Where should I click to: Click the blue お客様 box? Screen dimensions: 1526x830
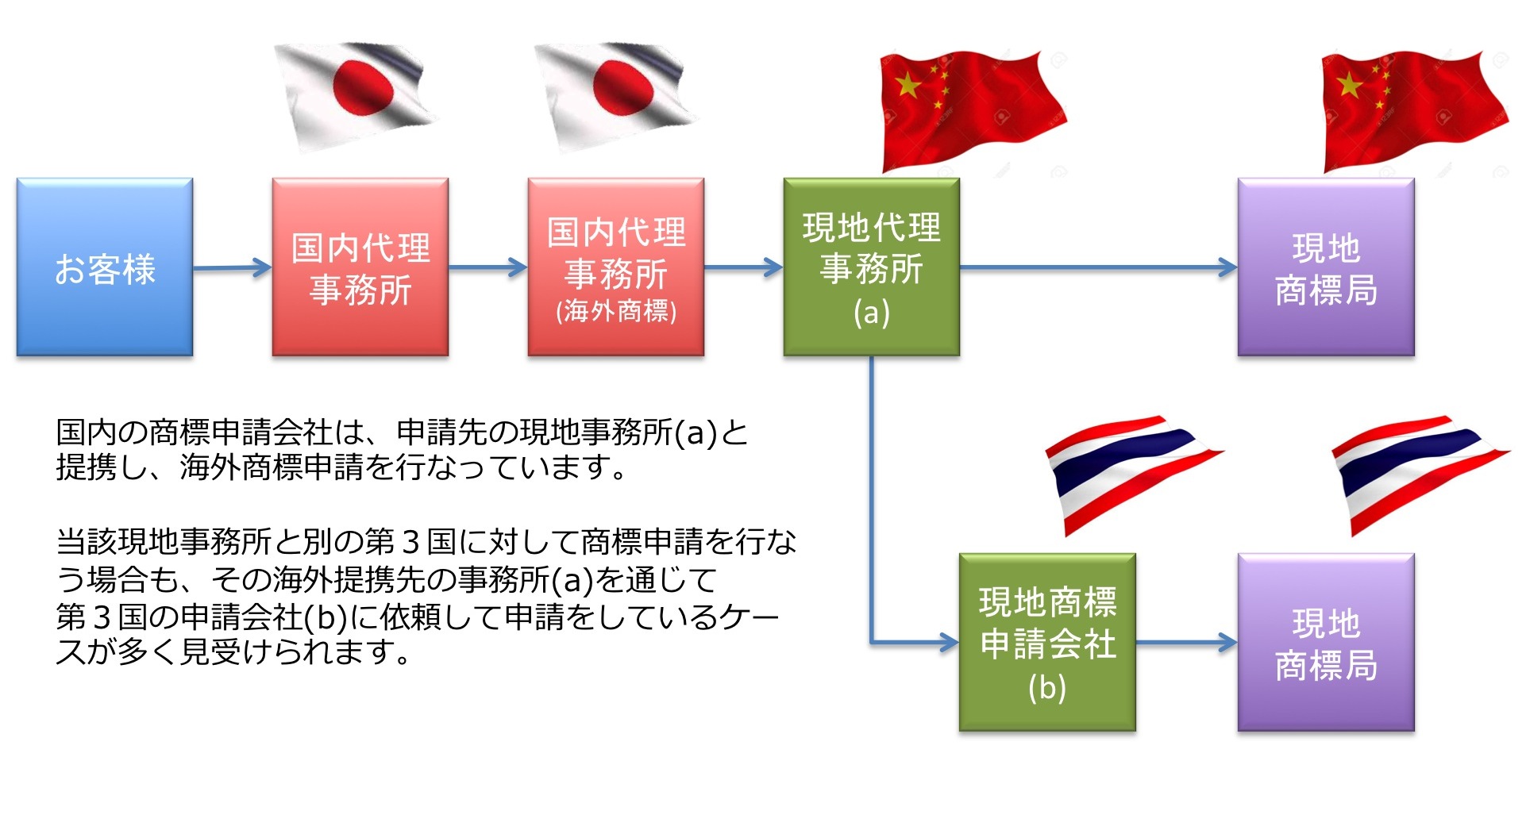pyautogui.click(x=105, y=267)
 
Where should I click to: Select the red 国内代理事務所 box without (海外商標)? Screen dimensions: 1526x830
pyautogui.click(x=360, y=267)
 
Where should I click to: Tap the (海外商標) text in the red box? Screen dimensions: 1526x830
pyautogui.click(x=616, y=311)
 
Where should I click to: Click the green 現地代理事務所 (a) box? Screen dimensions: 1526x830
pyautogui.click(x=872, y=267)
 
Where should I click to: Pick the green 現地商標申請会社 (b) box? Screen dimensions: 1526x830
pyautogui.click(x=1047, y=642)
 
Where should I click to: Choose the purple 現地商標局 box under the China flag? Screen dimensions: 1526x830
pyautogui.click(x=1326, y=267)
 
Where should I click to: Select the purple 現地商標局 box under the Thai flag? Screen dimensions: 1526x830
pyautogui.click(x=1326, y=642)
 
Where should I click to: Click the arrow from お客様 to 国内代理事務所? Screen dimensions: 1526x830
pyautogui.click(x=233, y=267)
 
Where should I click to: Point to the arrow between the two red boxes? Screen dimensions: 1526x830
pyautogui.click(x=488, y=267)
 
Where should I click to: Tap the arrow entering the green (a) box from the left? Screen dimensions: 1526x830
pyautogui.click(x=744, y=267)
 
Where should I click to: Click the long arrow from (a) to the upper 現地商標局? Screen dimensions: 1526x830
pyautogui.click(x=1099, y=267)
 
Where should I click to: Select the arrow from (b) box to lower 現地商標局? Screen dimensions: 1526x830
pyautogui.click(x=1187, y=642)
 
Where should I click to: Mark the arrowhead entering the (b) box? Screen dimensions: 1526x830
pyautogui.click(x=950, y=642)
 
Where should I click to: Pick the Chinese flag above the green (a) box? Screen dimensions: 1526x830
pyautogui.click(x=973, y=111)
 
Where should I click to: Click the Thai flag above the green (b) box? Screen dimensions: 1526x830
pyautogui.click(x=1134, y=475)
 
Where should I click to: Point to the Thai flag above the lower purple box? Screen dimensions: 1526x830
pyautogui.click(x=1420, y=475)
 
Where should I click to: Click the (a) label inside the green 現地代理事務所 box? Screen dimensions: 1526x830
pyautogui.click(x=872, y=313)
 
